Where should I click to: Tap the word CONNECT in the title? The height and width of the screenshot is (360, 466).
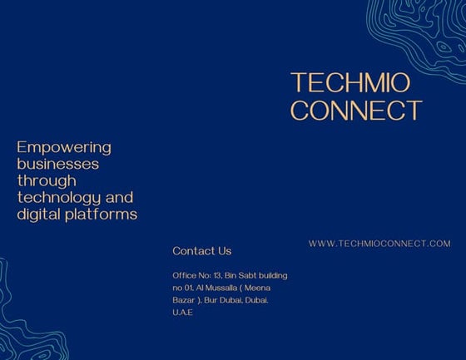pyautogui.click(x=356, y=110)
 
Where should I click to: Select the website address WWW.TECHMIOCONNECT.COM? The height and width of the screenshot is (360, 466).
pyautogui.click(x=379, y=244)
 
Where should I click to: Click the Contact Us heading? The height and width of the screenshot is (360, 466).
pyautogui.click(x=201, y=250)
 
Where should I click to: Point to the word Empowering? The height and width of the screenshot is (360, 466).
pyautogui.click(x=64, y=147)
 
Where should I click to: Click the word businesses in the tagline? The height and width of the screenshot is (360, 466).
pyautogui.click(x=57, y=164)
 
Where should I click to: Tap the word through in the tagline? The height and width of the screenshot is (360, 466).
pyautogui.click(x=47, y=180)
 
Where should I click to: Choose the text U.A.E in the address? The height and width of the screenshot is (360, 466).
pyautogui.click(x=182, y=312)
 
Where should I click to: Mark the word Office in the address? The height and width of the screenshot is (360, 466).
pyautogui.click(x=185, y=275)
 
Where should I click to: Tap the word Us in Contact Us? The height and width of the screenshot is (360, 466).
pyautogui.click(x=224, y=250)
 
